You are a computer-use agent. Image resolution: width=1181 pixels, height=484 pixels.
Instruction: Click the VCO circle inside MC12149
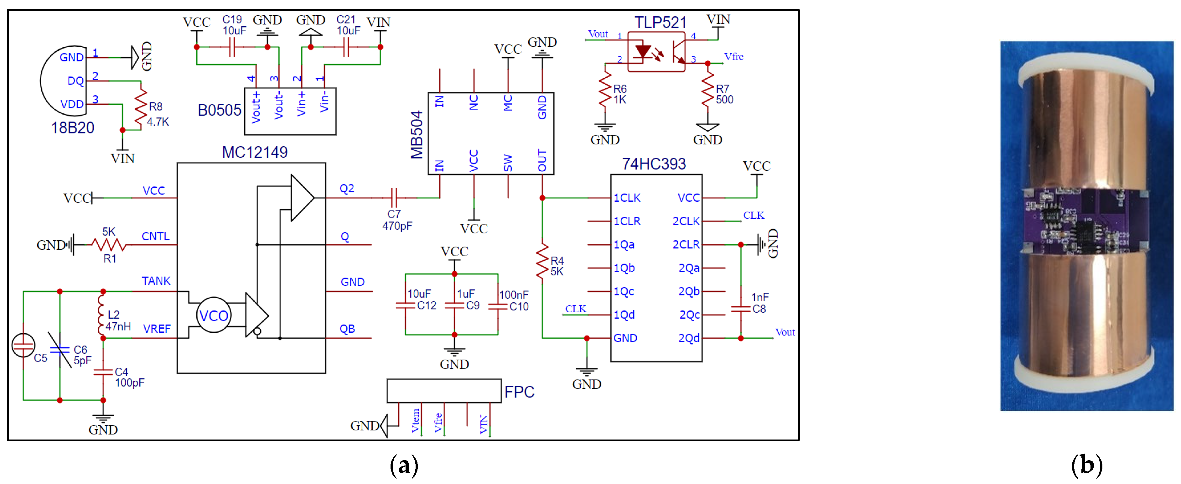214,315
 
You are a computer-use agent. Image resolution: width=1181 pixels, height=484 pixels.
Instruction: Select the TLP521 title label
660,22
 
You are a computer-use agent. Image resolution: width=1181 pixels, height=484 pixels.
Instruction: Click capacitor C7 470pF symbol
394,198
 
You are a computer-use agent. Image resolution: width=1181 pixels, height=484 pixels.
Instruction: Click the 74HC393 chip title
654,164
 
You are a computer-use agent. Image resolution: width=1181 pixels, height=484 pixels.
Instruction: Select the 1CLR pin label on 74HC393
627,221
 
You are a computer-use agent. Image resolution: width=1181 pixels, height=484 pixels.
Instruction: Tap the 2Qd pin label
689,338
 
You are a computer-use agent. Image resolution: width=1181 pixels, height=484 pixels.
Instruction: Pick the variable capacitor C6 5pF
60,350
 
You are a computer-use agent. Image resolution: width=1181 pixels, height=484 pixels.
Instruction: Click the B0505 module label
219,110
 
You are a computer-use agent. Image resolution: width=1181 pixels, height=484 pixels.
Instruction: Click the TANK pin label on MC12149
156,281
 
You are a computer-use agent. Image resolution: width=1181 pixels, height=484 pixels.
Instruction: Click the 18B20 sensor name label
72,128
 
